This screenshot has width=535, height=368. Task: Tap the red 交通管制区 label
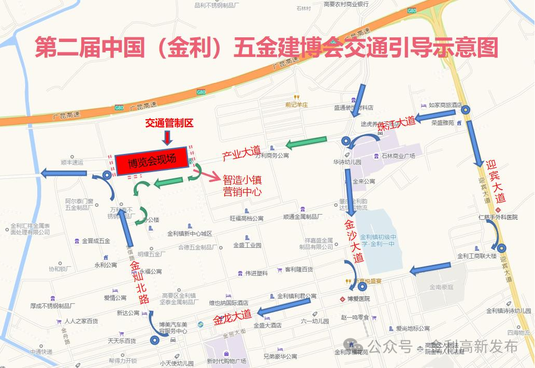coord(169,123)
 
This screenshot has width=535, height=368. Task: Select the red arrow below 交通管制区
coord(167,137)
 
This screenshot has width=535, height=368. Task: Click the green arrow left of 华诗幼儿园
coord(307,141)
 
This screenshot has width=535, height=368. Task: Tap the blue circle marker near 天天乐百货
coord(154,341)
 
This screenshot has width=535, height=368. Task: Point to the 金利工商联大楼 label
coord(476,256)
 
